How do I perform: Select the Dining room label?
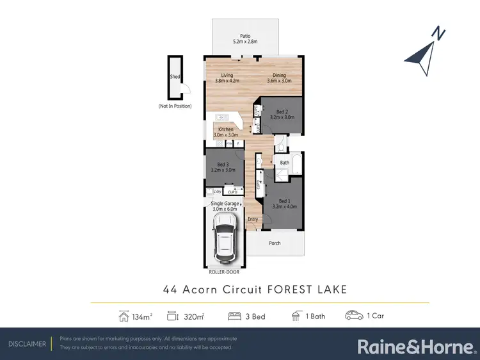pyautogui.click(x=278, y=76)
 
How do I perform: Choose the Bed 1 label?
pyautogui.click(x=282, y=201)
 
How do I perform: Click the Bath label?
pyautogui.click(x=285, y=163)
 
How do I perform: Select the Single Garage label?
pyautogui.click(x=224, y=204)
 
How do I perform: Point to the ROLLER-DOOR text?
pyautogui.click(x=224, y=271)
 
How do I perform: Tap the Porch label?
pyautogui.click(x=275, y=243)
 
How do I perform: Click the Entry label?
pyautogui.click(x=253, y=219)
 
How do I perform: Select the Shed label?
pyautogui.click(x=173, y=76)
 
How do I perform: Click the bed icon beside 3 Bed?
pyautogui.click(x=235, y=316)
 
